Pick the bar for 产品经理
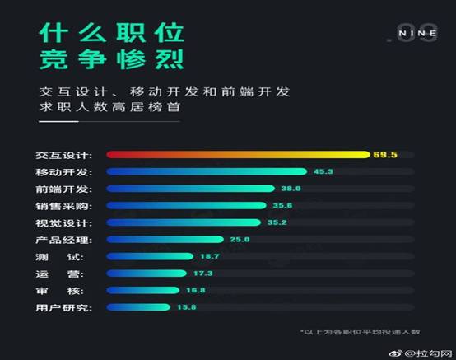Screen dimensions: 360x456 tap(165, 239)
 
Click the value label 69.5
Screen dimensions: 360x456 tap(384, 154)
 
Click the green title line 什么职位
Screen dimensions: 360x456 tap(111, 33)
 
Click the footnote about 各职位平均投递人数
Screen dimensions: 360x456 tap(360, 331)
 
